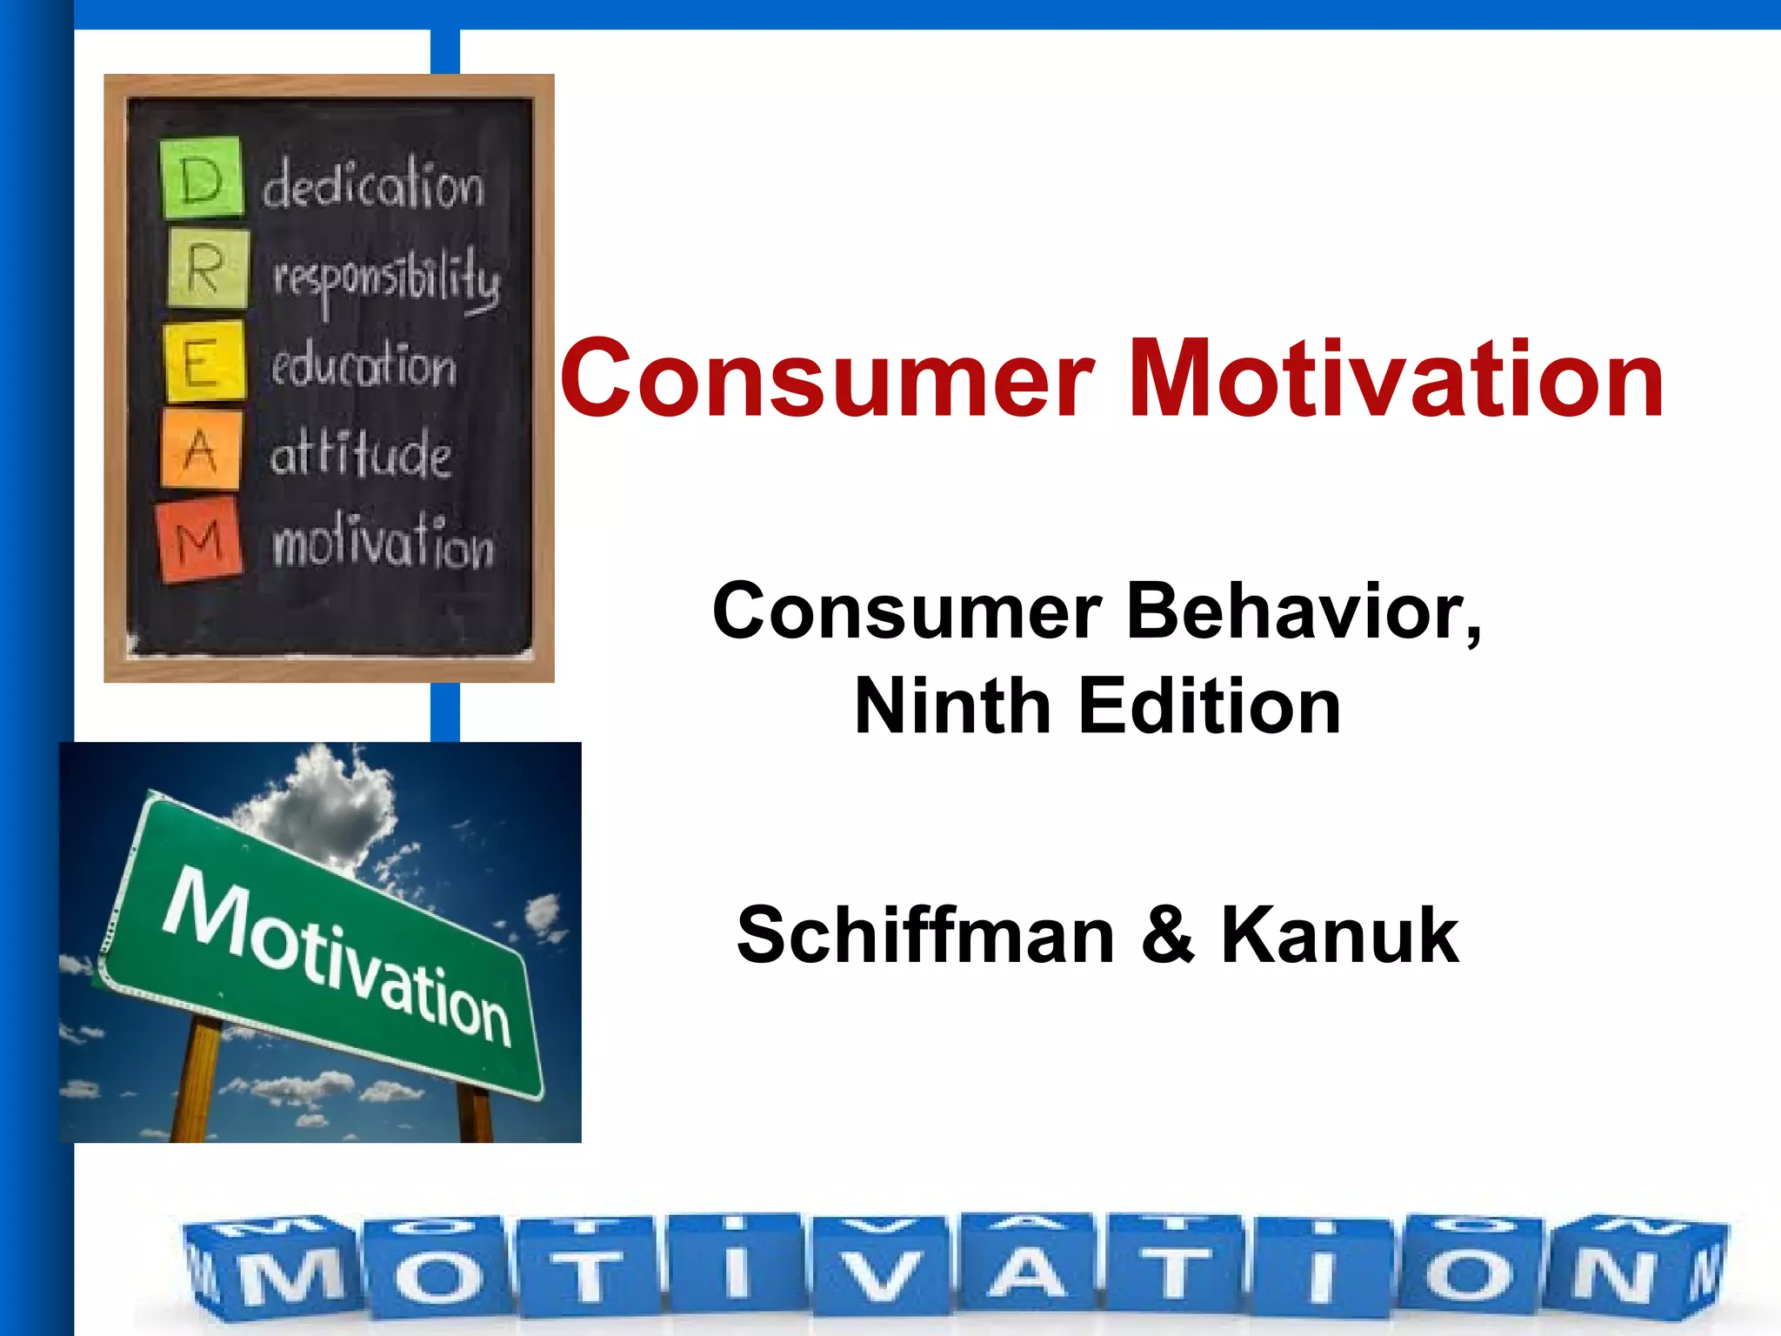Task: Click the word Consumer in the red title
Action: (826, 380)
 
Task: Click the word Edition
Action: (1209, 706)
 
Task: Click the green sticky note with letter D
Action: (201, 177)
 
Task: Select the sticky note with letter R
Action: (207, 269)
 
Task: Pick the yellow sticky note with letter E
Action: (203, 361)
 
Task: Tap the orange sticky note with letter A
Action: (201, 449)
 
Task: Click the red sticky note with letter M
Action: (199, 539)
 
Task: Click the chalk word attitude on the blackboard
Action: (360, 453)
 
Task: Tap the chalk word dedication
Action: (373, 185)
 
